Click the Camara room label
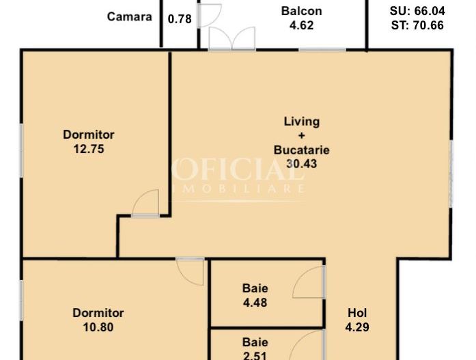click(129, 16)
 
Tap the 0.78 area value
click(180, 19)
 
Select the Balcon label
click(301, 11)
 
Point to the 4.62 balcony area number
click(301, 25)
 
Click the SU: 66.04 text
click(417, 11)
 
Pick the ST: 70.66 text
click(417, 25)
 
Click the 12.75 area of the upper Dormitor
click(89, 149)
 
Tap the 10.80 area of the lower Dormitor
click(98, 327)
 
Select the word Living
click(301, 122)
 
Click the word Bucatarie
click(301, 150)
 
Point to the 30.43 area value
click(301, 164)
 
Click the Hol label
click(357, 313)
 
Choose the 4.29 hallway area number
click(357, 327)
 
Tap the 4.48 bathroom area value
click(255, 303)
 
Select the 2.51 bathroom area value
click(255, 355)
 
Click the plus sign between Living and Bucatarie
click(301, 136)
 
